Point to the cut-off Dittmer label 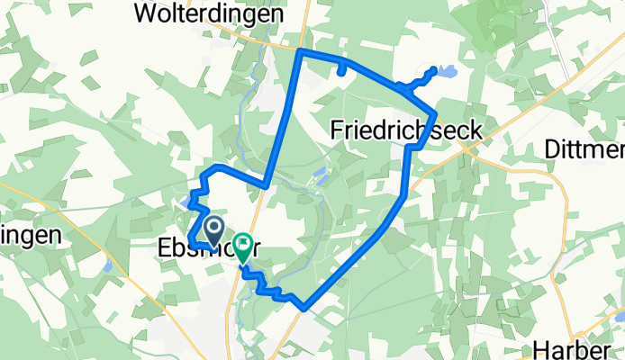[584, 149]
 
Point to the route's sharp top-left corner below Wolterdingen [299, 52]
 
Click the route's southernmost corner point [306, 307]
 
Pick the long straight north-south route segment [283, 117]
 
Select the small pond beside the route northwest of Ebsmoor [186, 201]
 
